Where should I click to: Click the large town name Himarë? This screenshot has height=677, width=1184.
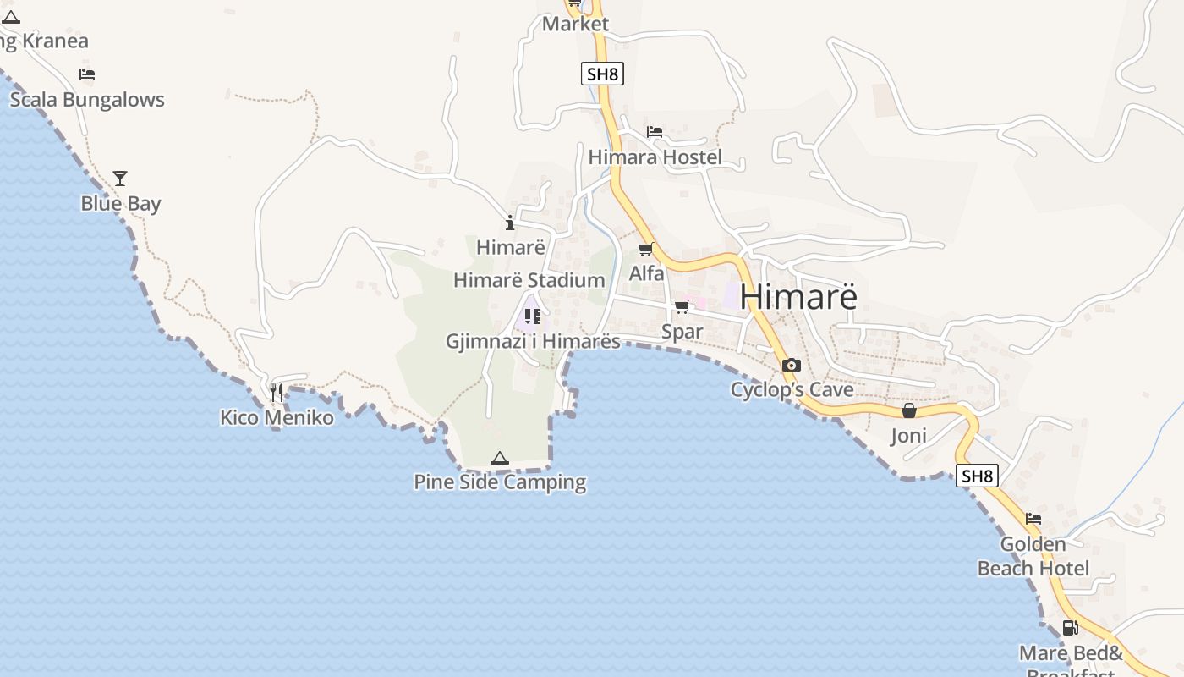pos(798,297)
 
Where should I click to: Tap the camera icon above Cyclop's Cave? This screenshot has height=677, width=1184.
pos(792,366)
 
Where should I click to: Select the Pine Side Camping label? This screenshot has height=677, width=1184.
pos(500,482)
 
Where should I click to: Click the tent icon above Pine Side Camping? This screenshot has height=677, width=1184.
pos(500,459)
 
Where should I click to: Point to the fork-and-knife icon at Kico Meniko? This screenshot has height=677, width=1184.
pos(277,393)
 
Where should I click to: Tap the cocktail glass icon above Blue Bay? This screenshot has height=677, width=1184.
pos(120,179)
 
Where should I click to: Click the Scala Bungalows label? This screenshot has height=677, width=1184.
pos(87,100)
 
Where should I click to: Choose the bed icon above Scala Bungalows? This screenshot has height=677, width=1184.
pos(87,74)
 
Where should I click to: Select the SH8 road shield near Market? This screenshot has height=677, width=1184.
pos(602,74)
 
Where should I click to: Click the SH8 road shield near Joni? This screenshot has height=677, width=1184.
pos(978,476)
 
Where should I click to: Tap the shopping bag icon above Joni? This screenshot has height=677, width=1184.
pos(909,410)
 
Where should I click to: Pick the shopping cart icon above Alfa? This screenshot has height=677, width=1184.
pos(646,249)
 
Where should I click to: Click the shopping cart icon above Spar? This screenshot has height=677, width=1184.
pos(682,306)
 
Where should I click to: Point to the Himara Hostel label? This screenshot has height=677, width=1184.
pos(655,157)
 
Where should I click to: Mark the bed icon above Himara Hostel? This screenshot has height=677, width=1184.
pos(655,132)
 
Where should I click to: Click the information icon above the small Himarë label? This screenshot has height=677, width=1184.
pos(510,223)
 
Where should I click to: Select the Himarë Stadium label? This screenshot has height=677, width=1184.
pos(529,280)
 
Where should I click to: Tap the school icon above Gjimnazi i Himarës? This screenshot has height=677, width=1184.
pos(533,316)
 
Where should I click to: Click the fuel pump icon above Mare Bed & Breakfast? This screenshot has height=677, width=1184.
pos(1070,628)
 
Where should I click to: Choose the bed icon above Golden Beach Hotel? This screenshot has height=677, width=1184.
pos(1033,519)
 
